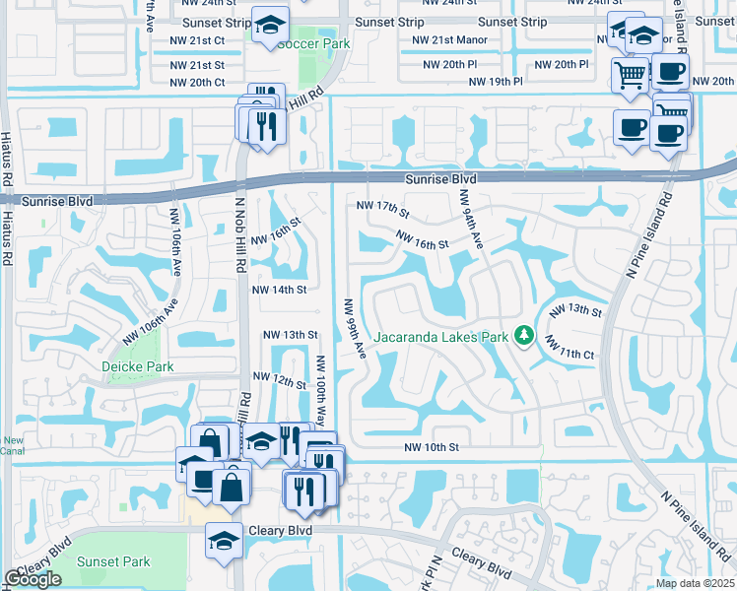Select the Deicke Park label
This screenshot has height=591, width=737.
(x=138, y=366)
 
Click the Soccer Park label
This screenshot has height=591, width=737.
(x=313, y=44)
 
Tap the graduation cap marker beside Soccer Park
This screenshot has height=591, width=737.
(x=269, y=26)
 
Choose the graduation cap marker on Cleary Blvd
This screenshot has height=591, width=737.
(x=224, y=540)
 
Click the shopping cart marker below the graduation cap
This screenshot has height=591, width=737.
(x=631, y=73)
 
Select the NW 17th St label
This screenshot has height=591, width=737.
(x=382, y=209)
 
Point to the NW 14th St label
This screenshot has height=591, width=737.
(x=280, y=290)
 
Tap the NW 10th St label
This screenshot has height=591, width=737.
(x=432, y=447)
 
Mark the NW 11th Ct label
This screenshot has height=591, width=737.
(x=569, y=352)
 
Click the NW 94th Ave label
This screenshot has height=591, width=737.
(x=470, y=220)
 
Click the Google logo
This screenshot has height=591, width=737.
(x=33, y=579)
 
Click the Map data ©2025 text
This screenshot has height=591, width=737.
(x=695, y=583)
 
